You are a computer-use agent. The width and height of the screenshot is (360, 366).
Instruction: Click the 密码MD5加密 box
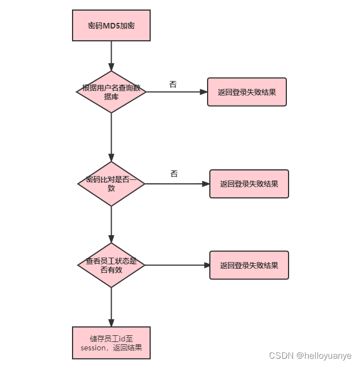pyautogui.click(x=111, y=26)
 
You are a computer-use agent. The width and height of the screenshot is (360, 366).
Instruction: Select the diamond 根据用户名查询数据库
pyautogui.click(x=111, y=92)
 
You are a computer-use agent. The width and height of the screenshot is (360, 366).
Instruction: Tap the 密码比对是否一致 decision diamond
pyautogui.click(x=111, y=184)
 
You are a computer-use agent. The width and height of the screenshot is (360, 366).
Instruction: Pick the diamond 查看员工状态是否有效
pyautogui.click(x=111, y=265)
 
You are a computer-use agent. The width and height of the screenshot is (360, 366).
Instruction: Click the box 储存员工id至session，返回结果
pyautogui.click(x=111, y=343)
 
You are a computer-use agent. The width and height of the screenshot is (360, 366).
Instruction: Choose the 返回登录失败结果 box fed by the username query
pyautogui.click(x=247, y=92)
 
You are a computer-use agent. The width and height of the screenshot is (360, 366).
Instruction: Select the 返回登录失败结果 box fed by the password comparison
pyautogui.click(x=249, y=184)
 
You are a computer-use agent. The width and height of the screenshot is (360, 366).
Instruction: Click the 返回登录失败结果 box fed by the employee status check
pyautogui.click(x=249, y=265)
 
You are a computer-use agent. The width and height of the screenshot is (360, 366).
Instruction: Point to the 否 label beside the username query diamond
pyautogui.click(x=173, y=84)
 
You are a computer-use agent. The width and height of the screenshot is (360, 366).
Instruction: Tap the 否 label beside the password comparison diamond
pyautogui.click(x=174, y=174)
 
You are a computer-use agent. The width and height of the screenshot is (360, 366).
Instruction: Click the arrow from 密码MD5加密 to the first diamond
pyautogui.click(x=111, y=56)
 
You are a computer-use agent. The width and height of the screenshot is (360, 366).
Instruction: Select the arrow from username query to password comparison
pyautogui.click(x=111, y=137)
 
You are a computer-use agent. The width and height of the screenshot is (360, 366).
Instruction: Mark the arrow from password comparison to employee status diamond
pyautogui.click(x=111, y=224)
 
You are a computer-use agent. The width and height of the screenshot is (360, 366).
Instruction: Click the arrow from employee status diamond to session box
pyautogui.click(x=111, y=306)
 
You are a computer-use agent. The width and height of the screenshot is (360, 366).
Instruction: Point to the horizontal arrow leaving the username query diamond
pyautogui.click(x=176, y=92)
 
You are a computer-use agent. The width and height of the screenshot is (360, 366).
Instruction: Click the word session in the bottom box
pyautogui.click(x=93, y=348)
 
